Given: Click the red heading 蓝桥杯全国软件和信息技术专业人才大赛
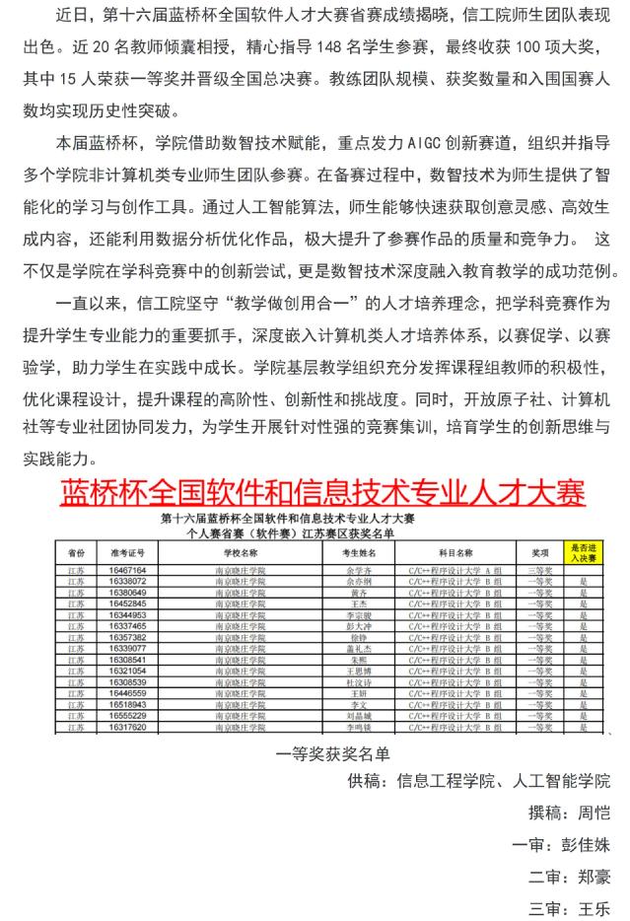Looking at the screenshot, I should tap(322, 490).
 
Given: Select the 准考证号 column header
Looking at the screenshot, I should tap(127, 553).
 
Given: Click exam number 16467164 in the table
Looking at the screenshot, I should tap(127, 570).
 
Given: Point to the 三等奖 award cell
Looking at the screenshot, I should tap(538, 570).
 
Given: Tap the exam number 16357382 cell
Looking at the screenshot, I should tap(127, 637).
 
